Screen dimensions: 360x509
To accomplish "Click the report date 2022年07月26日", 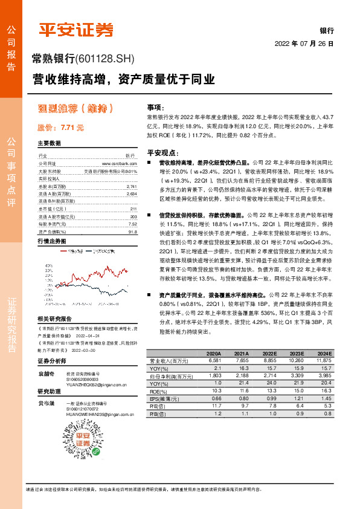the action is [x=304, y=44].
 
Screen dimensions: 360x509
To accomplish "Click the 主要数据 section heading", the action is [x=50, y=143].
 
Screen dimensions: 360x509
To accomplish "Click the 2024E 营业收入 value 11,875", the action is [x=324, y=360].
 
